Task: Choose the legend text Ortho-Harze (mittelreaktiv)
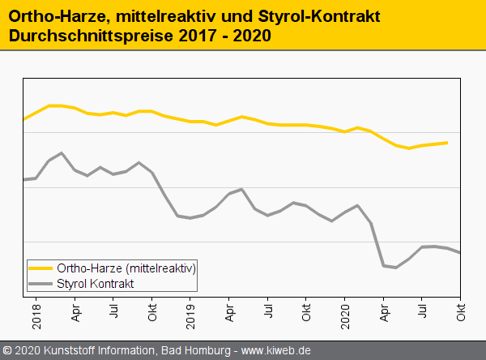(x=126, y=268)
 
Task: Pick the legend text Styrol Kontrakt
(x=96, y=283)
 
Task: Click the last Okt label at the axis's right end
(x=461, y=313)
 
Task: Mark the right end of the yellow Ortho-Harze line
(x=447, y=143)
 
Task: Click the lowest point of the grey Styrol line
(x=396, y=268)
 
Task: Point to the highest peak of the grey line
(x=62, y=152)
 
